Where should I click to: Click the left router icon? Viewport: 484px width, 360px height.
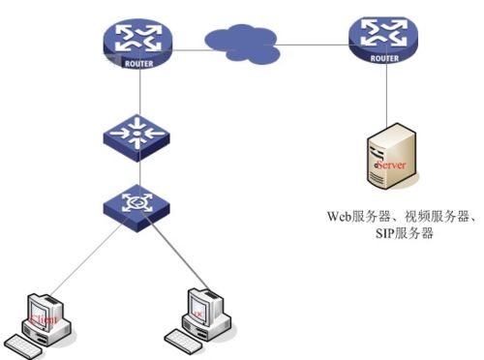click(138, 40)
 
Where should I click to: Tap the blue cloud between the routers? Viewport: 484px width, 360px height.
click(242, 42)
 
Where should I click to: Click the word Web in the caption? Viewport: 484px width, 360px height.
click(339, 217)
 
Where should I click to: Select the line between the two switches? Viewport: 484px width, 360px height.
click(138, 170)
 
